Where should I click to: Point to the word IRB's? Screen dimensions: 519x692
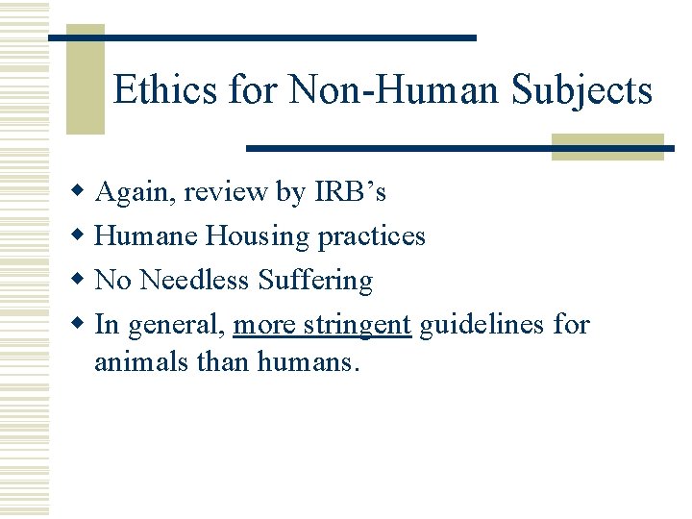tap(350, 192)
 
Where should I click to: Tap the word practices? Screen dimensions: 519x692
tap(372, 236)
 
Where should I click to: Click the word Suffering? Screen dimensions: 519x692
tap(315, 281)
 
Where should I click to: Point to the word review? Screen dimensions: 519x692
tap(227, 192)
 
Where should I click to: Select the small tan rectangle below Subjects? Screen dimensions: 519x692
tap(607, 146)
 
